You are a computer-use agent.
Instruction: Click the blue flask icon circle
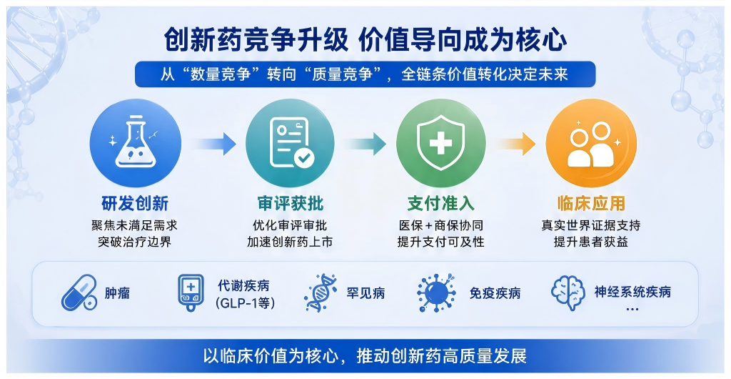(135, 143)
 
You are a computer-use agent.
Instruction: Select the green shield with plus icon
(440, 143)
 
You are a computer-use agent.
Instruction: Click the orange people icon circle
(591, 143)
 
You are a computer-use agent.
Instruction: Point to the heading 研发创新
(135, 204)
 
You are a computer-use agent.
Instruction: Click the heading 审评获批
(290, 204)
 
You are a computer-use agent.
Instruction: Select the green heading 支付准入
(440, 204)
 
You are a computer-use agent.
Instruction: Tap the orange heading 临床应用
(591, 204)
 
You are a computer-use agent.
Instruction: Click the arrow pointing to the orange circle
(515, 144)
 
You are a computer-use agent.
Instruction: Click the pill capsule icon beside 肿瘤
(79, 293)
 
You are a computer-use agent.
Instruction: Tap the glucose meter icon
(191, 292)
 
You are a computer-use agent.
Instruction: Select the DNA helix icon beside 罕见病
(321, 292)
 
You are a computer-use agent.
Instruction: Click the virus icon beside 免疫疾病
(436, 293)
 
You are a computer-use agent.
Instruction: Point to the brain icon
(568, 292)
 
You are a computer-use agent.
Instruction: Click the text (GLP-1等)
(246, 303)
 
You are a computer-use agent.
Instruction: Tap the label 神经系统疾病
(632, 292)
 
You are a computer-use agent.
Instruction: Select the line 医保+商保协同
(440, 226)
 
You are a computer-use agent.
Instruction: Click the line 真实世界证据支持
(591, 226)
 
